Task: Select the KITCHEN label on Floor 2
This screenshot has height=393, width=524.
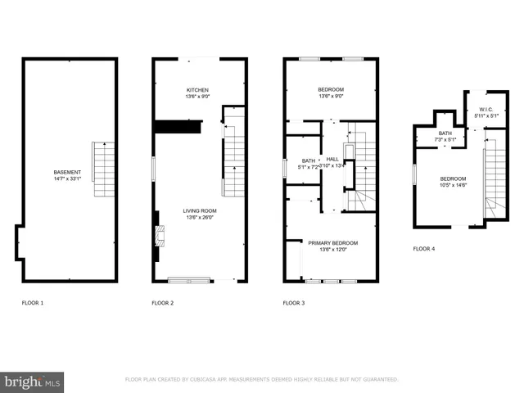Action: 197,90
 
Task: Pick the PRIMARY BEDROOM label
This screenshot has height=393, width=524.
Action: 332,242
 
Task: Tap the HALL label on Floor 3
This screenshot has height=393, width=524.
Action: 332,159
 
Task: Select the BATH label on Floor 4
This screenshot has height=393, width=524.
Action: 445,133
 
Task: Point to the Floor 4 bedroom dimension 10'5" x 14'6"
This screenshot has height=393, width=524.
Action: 453,185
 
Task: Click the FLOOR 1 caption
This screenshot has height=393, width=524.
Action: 33,303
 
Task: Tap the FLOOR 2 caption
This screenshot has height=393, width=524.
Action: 162,303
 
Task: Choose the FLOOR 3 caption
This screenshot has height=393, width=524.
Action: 294,303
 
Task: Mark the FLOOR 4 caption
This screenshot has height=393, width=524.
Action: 424,248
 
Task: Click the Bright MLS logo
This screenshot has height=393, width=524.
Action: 32,381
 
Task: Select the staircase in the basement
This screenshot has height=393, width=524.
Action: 103,169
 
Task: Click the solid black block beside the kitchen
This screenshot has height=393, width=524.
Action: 178,128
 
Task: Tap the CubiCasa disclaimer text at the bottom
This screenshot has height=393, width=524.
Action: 261,380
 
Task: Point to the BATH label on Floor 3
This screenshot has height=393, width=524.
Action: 308,160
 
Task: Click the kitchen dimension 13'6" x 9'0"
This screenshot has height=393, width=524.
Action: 197,97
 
